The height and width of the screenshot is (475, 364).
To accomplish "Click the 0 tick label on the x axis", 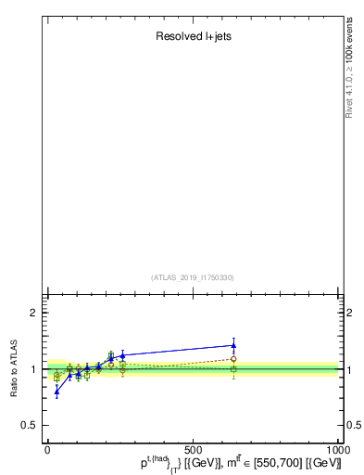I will (47, 449).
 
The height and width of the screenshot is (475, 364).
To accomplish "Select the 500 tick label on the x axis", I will (193, 449).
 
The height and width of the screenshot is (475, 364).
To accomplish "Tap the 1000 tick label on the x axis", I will (337, 449).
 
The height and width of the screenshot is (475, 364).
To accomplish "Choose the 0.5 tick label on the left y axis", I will (30, 425).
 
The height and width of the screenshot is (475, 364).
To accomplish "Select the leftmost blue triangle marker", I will (56, 391).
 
